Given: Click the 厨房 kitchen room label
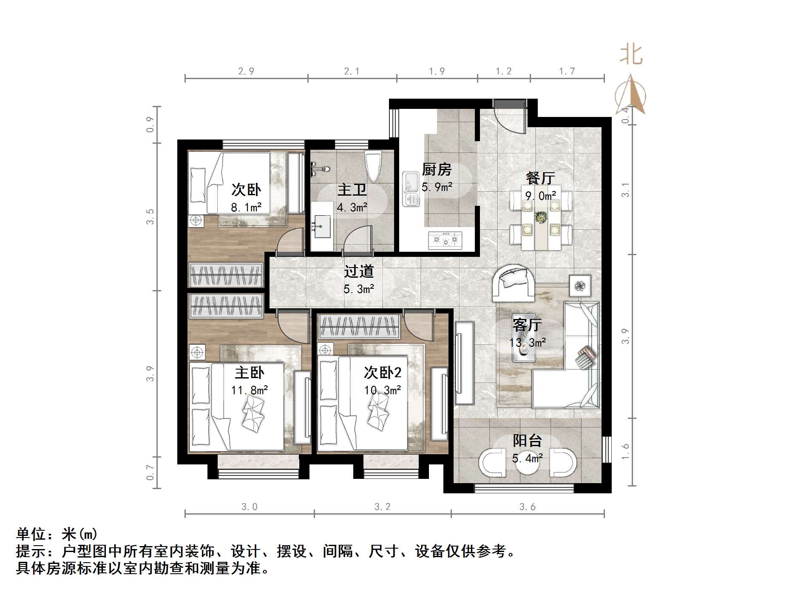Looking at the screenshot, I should (436, 170).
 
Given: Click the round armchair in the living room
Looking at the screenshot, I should (514, 282).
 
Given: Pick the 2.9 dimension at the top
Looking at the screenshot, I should (246, 71).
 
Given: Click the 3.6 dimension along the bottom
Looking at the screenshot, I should (527, 507).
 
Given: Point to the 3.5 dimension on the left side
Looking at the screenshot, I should (150, 216).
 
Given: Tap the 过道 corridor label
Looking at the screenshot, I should (358, 271).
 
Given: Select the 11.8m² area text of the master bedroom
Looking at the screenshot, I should (250, 390).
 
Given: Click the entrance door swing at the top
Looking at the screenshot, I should (510, 116).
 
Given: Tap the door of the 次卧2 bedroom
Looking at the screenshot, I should (417, 327).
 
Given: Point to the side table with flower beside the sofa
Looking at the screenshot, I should (580, 286).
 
